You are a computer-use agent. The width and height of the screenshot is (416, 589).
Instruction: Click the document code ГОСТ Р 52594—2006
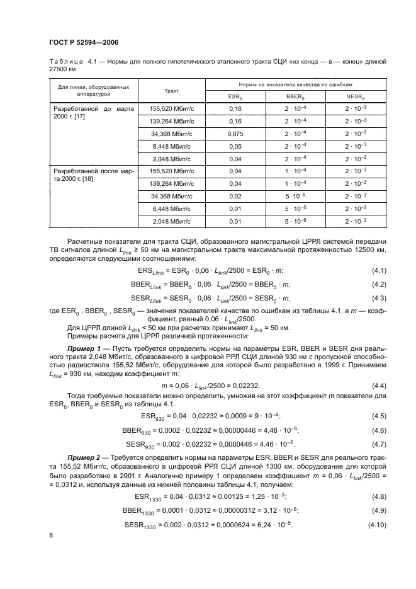(84, 42)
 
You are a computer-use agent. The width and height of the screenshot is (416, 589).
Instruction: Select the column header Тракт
(172, 90)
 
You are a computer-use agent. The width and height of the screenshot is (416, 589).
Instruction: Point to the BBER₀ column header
(295, 96)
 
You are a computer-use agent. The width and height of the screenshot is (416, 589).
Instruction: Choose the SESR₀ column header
(356, 96)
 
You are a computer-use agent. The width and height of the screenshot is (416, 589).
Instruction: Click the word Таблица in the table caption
(65, 61)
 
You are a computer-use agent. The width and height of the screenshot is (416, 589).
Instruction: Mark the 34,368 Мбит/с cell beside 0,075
(172, 134)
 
